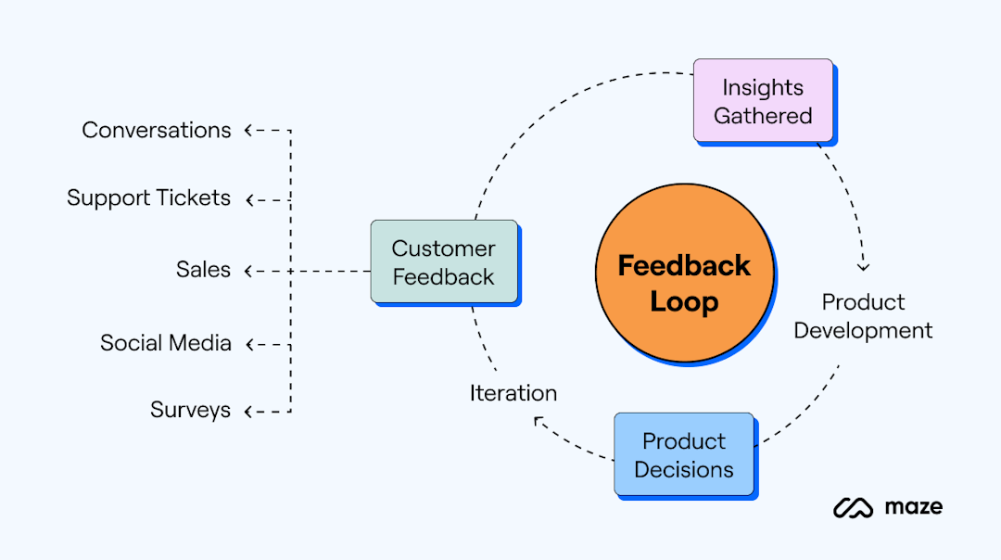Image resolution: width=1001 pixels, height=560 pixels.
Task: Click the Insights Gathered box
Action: click(x=763, y=101)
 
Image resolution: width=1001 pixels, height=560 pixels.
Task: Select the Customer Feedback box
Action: click(x=443, y=262)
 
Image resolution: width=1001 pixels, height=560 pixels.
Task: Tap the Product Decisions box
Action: click(x=684, y=454)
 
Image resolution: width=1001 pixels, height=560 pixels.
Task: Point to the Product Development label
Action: click(x=863, y=316)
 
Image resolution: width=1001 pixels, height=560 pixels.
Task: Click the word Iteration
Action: click(x=513, y=393)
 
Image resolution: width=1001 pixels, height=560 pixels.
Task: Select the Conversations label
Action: click(x=157, y=131)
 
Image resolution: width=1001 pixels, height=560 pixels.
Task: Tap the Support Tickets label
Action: click(x=148, y=198)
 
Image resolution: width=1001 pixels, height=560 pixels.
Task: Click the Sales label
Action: click(x=203, y=270)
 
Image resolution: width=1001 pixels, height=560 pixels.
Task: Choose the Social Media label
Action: click(x=166, y=343)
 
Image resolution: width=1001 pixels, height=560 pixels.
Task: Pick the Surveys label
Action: click(x=190, y=410)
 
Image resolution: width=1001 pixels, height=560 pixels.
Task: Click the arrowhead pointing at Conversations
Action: click(x=248, y=131)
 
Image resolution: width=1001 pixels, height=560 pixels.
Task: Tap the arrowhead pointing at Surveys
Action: click(x=248, y=410)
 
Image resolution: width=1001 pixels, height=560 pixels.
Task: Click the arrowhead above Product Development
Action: click(x=864, y=267)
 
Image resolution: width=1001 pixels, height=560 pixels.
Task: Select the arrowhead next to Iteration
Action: click(x=539, y=421)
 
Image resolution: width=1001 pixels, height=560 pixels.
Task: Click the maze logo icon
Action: click(x=854, y=507)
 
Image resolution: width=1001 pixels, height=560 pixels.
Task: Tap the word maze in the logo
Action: click(x=913, y=506)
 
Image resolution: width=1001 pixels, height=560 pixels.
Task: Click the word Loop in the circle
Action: click(x=684, y=301)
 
